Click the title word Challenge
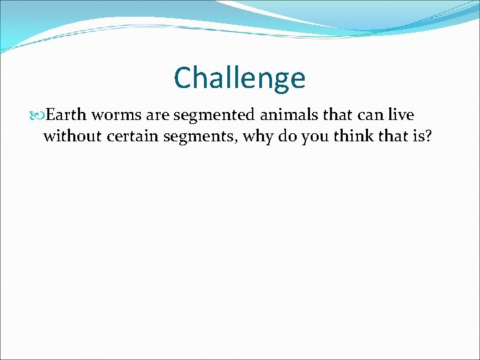(239, 78)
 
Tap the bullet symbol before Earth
(36, 115)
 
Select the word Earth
(66, 115)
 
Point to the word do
(277, 137)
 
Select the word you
(303, 138)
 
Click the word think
(339, 137)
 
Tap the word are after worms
(157, 115)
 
